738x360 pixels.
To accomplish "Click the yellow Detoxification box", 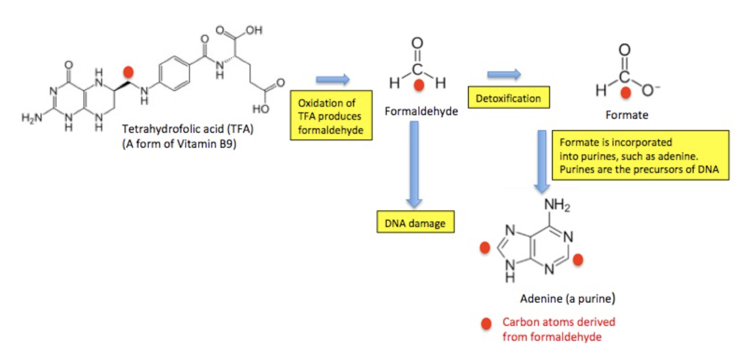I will coord(508,98).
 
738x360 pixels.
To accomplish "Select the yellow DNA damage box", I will coord(415,223).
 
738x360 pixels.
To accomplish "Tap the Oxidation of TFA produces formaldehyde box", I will coord(331,116).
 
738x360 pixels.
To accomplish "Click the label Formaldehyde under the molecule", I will coord(421,111).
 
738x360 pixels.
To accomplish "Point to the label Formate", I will coord(627,115).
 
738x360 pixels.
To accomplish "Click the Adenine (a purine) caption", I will coord(567,298).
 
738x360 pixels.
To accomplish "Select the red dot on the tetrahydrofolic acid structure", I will coord(128,72).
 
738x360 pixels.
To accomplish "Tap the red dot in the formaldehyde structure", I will coord(419,85).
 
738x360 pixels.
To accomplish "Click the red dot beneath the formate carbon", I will coord(626,93).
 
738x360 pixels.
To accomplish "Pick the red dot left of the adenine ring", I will coord(485,248).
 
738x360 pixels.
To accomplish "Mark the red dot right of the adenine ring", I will coord(578,259).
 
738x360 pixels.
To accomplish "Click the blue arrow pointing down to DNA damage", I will coord(414,163).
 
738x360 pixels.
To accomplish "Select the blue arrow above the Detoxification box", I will coord(504,74).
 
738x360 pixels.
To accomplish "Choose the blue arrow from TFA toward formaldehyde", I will coord(333,79).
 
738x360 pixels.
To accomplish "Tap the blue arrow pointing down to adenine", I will coord(542,161).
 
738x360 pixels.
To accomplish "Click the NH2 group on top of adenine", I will coord(557,205).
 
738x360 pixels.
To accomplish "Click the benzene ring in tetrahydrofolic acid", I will coord(174,73).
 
